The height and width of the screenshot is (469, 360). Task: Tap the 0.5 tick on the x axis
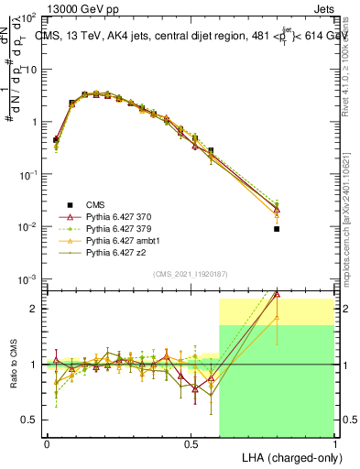[191, 443]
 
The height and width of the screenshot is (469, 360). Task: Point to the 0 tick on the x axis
[47, 443]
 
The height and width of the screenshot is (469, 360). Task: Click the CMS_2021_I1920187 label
[191, 274]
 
